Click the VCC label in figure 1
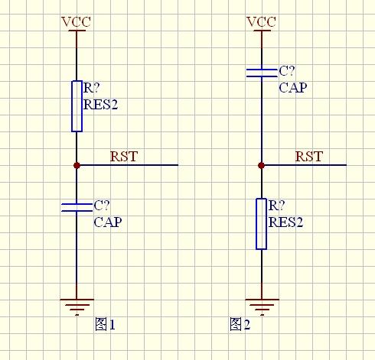coord(76,21)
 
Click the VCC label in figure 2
coord(261,21)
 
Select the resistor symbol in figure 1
coord(77,106)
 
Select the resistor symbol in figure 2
coord(262,224)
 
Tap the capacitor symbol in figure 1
coord(77,207)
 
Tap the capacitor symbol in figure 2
coord(262,73)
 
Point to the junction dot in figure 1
coord(77,165)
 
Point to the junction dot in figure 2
coord(261,166)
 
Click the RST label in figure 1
coord(124,157)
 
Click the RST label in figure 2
coord(309,157)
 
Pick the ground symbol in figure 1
coord(77,307)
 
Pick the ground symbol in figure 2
coord(262,307)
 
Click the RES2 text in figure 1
coord(100,105)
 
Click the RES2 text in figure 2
coord(285,222)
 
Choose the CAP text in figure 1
coord(108,222)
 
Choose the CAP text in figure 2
coord(293,88)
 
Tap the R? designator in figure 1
coord(91,88)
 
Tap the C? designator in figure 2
coord(286,71)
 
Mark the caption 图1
coord(105,324)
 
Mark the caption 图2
coord(240,324)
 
